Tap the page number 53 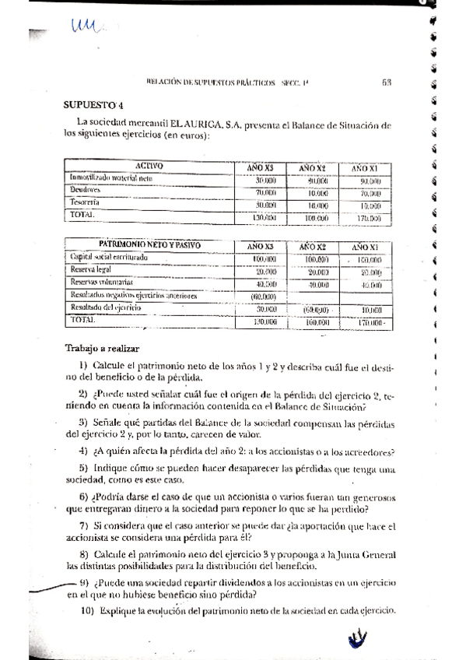pyautogui.click(x=387, y=81)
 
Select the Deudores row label pyautogui.click(x=86, y=189)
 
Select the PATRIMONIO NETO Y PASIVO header pyautogui.click(x=149, y=244)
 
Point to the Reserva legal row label pyautogui.click(x=93, y=269)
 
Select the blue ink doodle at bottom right pyautogui.click(x=357, y=640)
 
